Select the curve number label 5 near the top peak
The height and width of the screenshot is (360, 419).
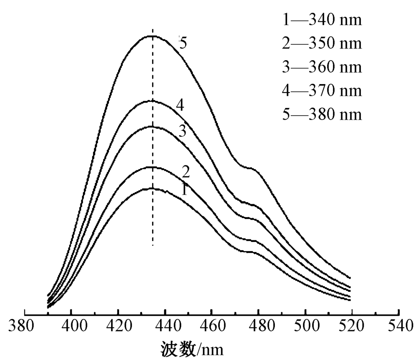coord(182,43)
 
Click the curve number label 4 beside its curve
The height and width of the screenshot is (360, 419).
coord(180,105)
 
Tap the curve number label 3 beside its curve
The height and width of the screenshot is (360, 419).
coord(182,131)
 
